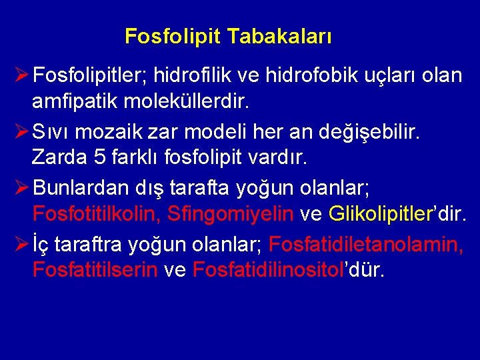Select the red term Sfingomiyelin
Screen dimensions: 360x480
point(231,214)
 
